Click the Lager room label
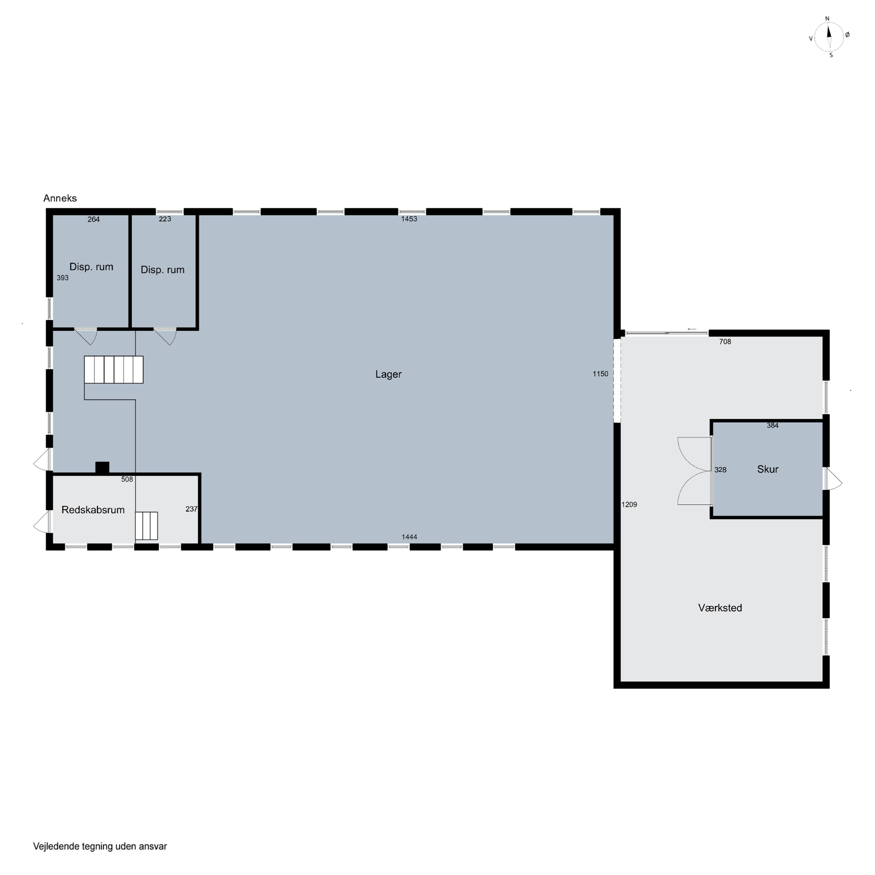tap(388, 374)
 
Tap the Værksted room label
tap(720, 608)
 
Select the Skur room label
tap(768, 469)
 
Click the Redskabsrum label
tap(93, 510)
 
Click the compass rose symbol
tap(829, 37)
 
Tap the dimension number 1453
tap(409, 219)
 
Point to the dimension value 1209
tap(629, 505)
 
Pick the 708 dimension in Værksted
tap(725, 342)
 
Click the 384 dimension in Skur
tap(773, 425)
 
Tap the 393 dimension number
tap(62, 278)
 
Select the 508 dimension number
tap(127, 479)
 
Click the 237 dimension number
tap(192, 509)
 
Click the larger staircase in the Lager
tap(114, 370)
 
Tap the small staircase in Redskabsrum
tap(146, 526)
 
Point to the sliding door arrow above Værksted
tap(692, 329)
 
